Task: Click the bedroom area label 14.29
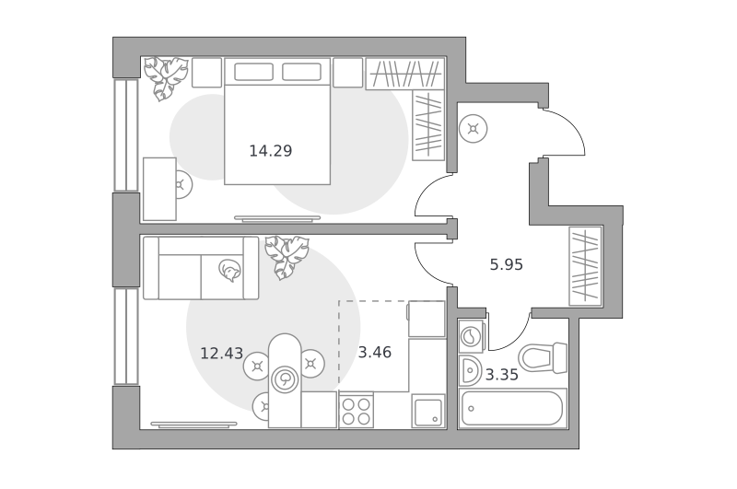tap(270, 151)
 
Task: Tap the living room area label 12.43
tap(221, 353)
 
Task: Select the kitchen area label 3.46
tap(375, 353)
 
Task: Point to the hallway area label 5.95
tap(506, 265)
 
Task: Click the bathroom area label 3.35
tap(502, 375)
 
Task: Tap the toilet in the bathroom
tap(543, 357)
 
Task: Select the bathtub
tap(512, 408)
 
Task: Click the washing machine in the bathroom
tap(472, 336)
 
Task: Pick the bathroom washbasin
tap(470, 369)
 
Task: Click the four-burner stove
tap(356, 411)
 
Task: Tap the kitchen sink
tap(428, 411)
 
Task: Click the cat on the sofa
tap(229, 270)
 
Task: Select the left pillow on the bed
tap(254, 72)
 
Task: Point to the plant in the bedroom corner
tap(165, 77)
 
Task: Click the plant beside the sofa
tap(287, 257)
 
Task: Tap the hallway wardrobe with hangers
tap(585, 266)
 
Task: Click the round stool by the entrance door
tap(474, 128)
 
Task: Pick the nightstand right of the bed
tap(348, 73)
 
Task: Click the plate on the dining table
tap(285, 378)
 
